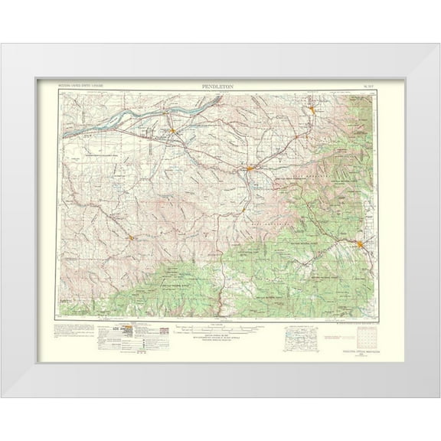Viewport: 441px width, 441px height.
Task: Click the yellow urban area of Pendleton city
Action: coord(250,168)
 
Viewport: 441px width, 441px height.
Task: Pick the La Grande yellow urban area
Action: coord(360,243)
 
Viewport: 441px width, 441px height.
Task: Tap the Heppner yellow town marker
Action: coord(132,237)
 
